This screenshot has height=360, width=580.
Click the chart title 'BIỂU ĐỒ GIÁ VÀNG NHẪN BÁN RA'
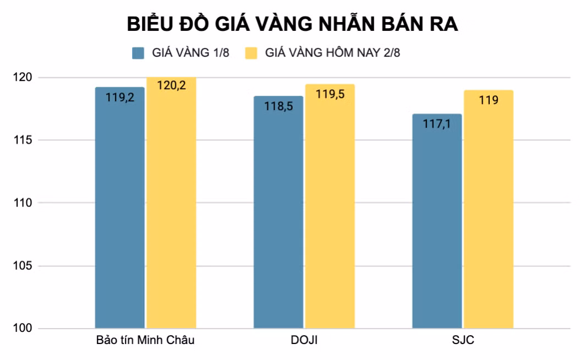click(x=292, y=25)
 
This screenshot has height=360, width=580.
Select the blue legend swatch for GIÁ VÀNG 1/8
click(x=138, y=53)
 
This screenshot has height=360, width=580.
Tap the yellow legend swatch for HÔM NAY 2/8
click(x=251, y=53)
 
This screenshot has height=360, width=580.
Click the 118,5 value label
click(x=278, y=106)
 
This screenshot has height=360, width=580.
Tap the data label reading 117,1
click(x=437, y=124)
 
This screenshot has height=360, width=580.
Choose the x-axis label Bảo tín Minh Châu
click(x=145, y=340)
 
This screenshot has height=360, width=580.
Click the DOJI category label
click(x=304, y=340)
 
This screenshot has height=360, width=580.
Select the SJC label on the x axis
click(x=462, y=340)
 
